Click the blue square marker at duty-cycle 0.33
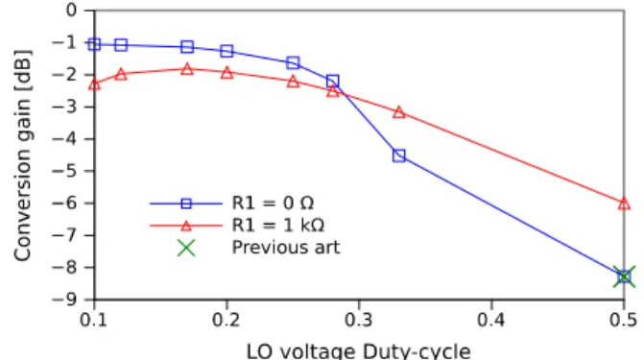[x=399, y=156]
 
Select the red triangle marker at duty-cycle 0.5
[x=624, y=204]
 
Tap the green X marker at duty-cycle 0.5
[x=624, y=276]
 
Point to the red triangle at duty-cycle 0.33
[x=399, y=112]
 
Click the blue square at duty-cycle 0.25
[x=293, y=62]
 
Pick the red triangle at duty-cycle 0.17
[x=187, y=68]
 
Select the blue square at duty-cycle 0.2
[x=227, y=51]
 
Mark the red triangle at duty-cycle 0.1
[x=94, y=84]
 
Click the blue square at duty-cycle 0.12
[x=121, y=45]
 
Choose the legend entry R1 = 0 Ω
[x=232, y=203]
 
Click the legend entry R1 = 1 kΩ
[x=237, y=226]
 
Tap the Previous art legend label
[x=286, y=248]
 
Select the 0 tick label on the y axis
[x=71, y=10]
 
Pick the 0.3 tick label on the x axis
[x=359, y=320]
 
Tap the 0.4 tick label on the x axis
[x=491, y=320]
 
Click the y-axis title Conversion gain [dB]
[x=23, y=156]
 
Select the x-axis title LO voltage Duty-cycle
[x=358, y=351]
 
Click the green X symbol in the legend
[x=186, y=249]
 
